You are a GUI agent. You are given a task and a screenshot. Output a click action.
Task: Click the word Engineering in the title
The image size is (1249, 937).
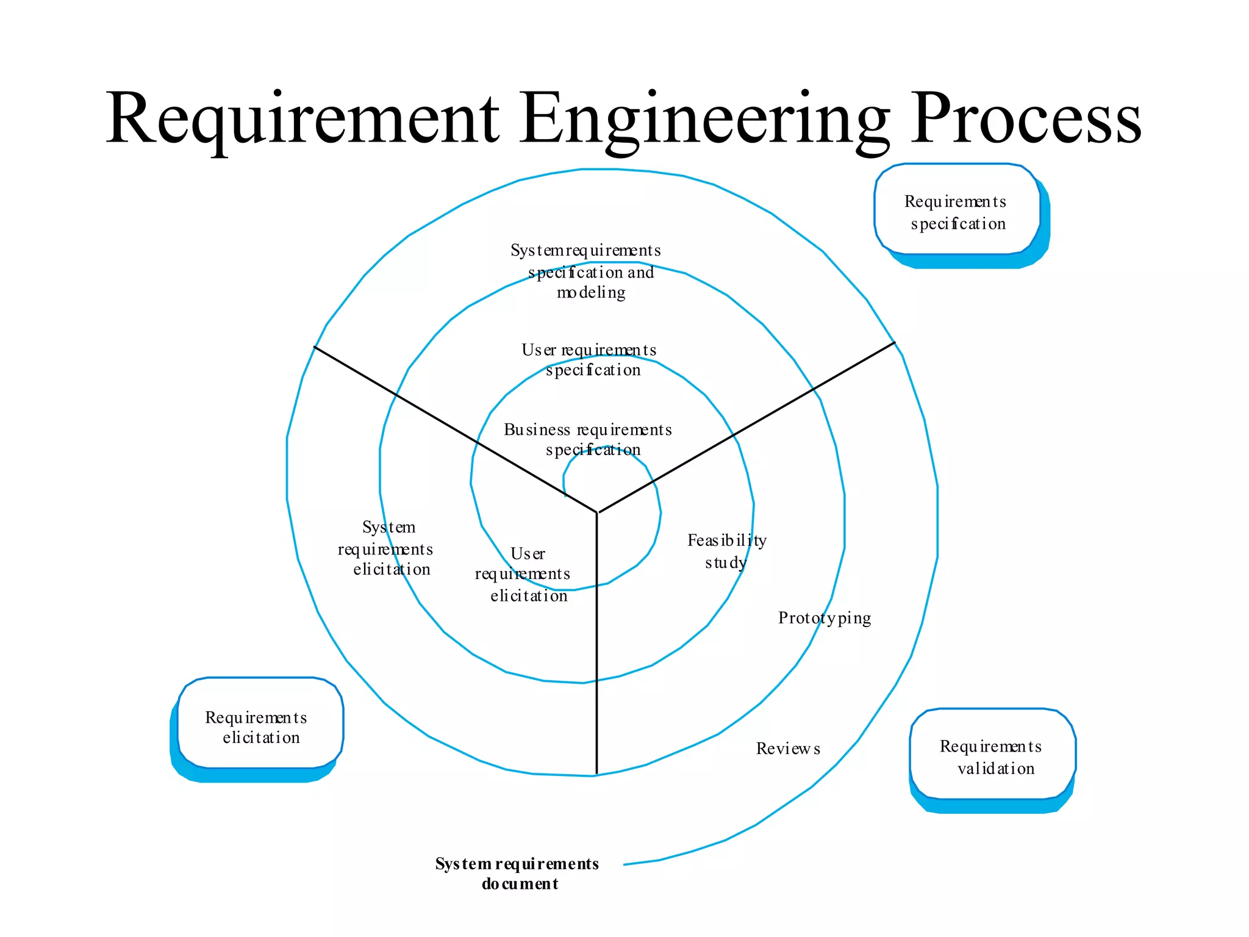(704, 119)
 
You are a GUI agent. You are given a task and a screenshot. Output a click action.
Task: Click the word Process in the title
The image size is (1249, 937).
(1025, 119)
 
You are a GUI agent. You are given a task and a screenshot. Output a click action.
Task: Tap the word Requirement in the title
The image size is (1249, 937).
(302, 119)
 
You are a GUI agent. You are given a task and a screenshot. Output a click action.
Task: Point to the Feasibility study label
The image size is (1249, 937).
(726, 551)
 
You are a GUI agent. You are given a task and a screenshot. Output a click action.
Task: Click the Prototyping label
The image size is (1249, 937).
(825, 618)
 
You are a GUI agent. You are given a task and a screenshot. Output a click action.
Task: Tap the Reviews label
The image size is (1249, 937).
(788, 749)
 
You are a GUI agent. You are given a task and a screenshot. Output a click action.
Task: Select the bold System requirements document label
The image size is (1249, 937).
(517, 873)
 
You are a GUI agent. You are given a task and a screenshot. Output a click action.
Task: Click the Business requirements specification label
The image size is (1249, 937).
(588, 439)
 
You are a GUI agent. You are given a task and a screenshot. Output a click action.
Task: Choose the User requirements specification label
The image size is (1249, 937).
(589, 359)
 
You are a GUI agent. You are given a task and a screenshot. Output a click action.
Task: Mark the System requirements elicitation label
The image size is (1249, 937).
(387, 548)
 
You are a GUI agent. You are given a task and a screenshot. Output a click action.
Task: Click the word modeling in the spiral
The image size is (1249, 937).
(591, 293)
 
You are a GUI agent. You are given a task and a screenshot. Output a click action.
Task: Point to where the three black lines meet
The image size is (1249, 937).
(597, 512)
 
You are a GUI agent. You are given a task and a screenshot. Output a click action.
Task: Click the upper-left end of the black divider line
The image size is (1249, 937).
(314, 347)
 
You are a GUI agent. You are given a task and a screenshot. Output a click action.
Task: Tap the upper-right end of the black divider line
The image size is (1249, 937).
(895, 342)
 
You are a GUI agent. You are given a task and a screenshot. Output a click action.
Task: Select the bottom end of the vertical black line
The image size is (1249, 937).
(596, 774)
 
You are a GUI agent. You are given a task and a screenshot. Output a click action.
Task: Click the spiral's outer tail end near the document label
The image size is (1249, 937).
(624, 864)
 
